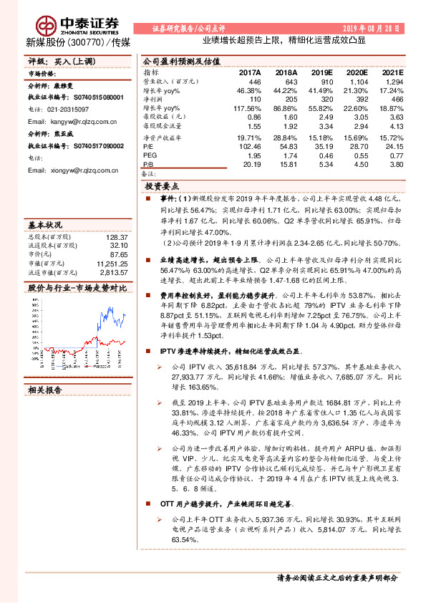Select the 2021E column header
pos(391,73)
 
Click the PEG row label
pos(150,155)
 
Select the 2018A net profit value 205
pos(291,100)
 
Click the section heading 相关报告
pos(44,390)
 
